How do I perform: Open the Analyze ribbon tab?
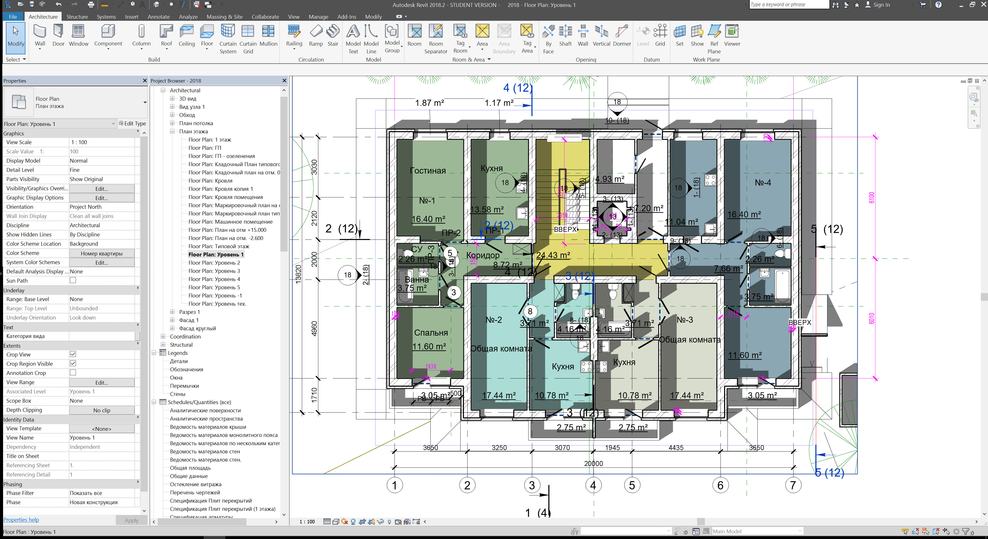click(188, 17)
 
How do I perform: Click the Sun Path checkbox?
click(73, 280)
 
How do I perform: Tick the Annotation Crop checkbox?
click(73, 373)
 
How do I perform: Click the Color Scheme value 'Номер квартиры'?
click(102, 253)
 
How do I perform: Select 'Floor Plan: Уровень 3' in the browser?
click(214, 271)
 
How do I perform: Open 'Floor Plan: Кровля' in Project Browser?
click(210, 181)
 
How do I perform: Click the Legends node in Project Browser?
click(177, 353)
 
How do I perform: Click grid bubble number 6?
click(720, 485)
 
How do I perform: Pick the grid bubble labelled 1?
click(394, 485)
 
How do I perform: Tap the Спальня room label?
click(431, 333)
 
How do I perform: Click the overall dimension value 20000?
click(593, 463)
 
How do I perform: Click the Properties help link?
click(21, 520)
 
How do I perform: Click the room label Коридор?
click(482, 255)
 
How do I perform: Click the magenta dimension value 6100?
click(871, 198)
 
